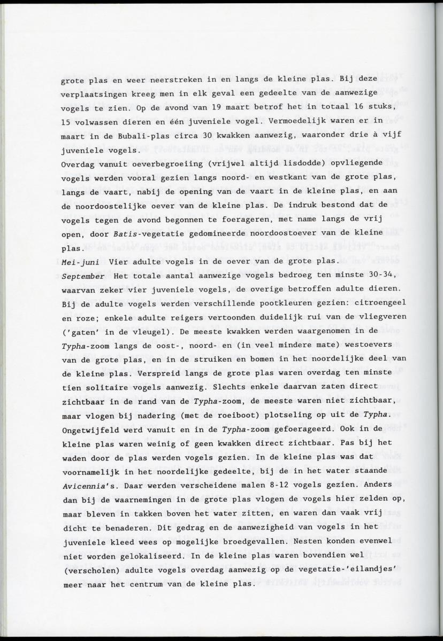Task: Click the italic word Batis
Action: pyautogui.click(x=124, y=233)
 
